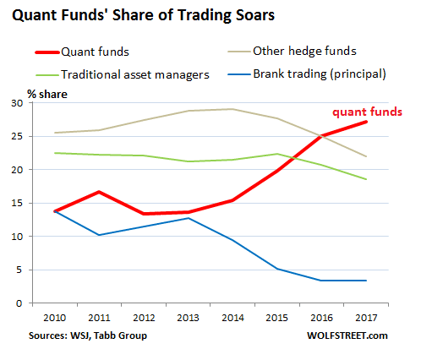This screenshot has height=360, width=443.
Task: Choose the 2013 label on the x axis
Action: (187, 318)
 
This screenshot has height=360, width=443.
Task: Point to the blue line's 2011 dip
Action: (100, 235)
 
